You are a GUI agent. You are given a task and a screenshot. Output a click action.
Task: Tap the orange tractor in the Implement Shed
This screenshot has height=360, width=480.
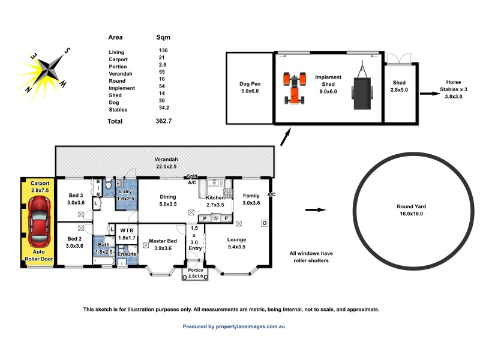[x=293, y=88]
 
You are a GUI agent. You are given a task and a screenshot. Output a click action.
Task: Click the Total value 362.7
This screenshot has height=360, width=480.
[x=164, y=121]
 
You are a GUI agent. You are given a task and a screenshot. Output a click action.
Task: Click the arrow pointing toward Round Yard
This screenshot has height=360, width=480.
[x=316, y=210]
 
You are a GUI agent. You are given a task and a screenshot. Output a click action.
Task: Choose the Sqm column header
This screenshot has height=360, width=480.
[x=163, y=37]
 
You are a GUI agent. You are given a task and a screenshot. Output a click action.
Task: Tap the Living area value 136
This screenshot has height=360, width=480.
[x=163, y=51]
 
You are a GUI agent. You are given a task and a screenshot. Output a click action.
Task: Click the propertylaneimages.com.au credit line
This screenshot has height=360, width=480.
[x=233, y=326]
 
